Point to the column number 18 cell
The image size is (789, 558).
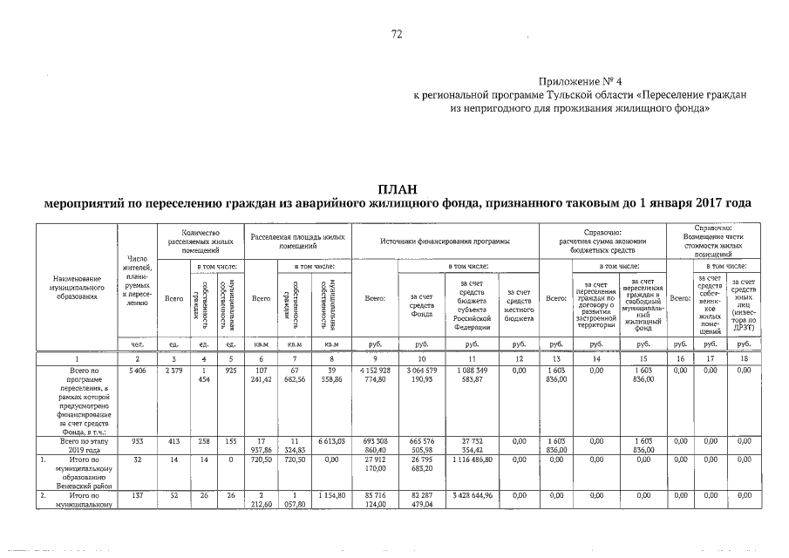(x=745, y=358)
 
